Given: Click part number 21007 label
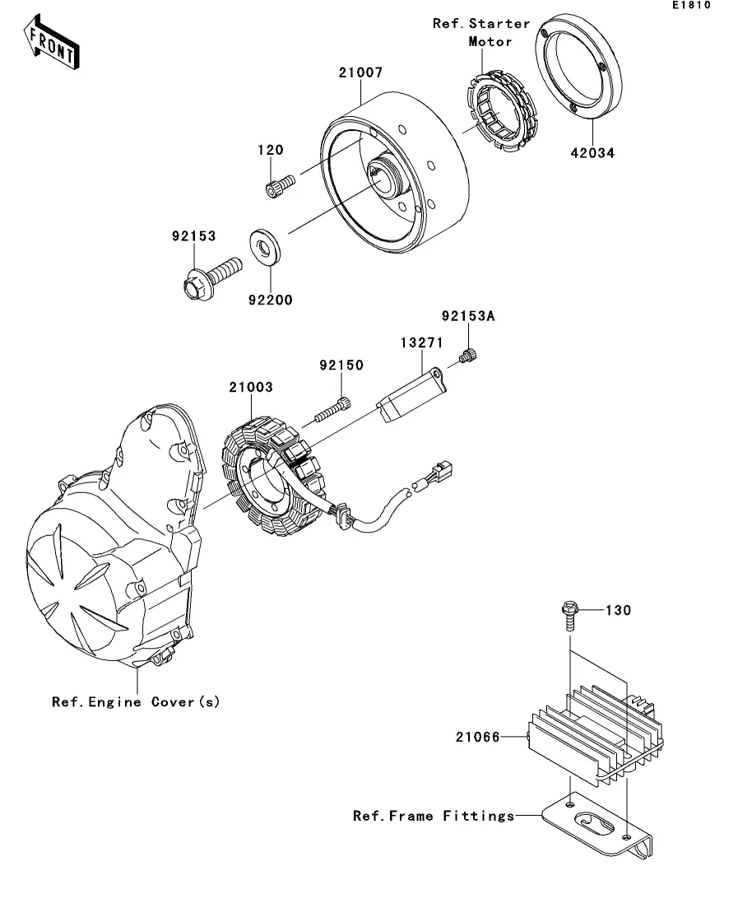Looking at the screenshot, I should pos(360,72).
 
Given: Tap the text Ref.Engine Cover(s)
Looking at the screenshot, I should pos(136,702).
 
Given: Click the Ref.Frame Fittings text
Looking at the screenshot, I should pos(434,816).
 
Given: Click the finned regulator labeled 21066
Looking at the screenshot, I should pos(594,733).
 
